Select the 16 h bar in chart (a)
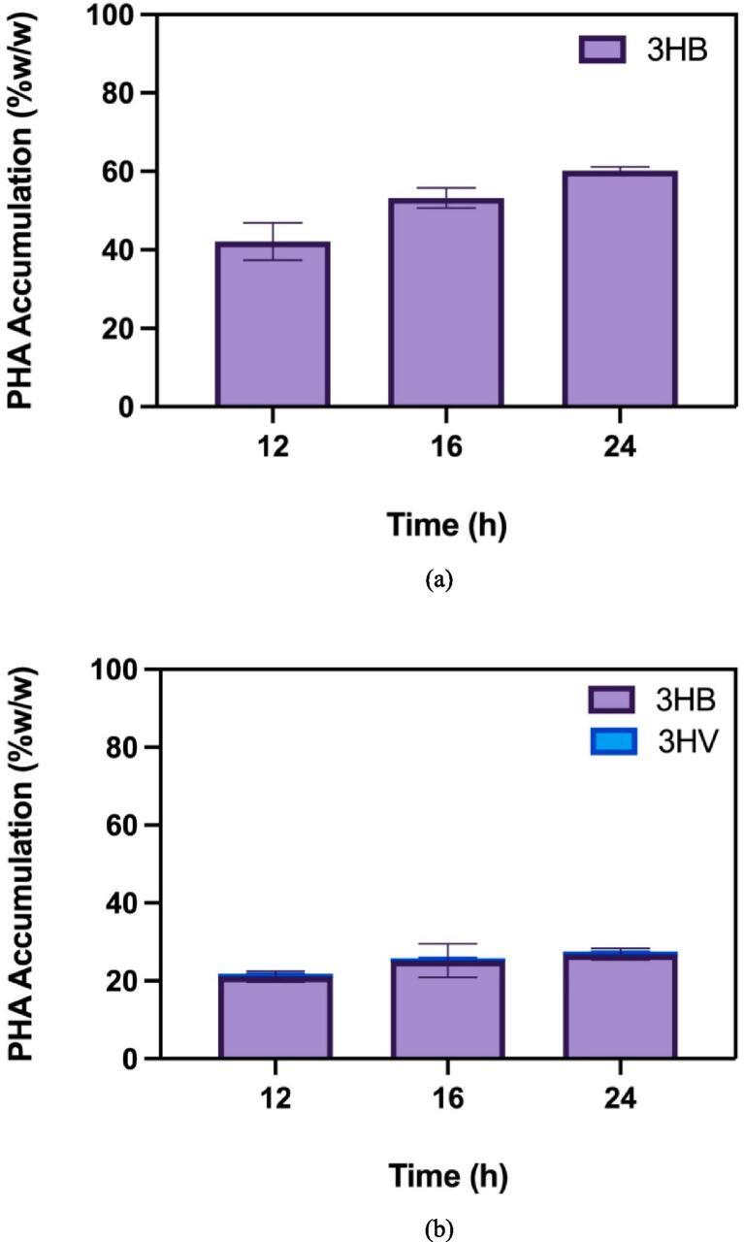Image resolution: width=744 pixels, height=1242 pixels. click(446, 302)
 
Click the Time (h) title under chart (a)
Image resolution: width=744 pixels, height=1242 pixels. click(446, 525)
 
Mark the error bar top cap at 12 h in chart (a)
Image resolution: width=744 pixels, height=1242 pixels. click(274, 223)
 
